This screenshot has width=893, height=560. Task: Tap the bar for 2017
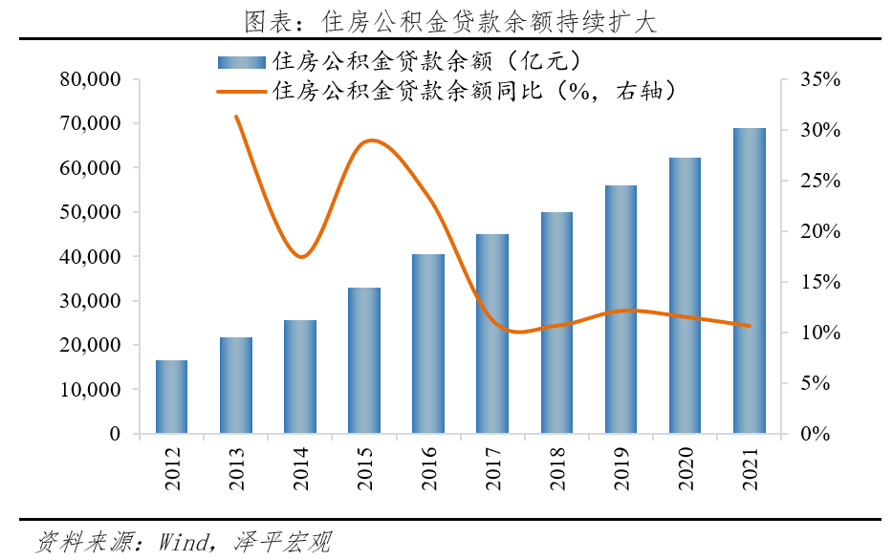pos(492,334)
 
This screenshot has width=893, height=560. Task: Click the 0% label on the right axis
pos(815,434)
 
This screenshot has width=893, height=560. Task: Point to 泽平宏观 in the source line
pos(281,543)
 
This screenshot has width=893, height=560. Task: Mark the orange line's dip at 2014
pos(302,257)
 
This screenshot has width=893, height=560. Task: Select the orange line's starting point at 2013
pos(236,116)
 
